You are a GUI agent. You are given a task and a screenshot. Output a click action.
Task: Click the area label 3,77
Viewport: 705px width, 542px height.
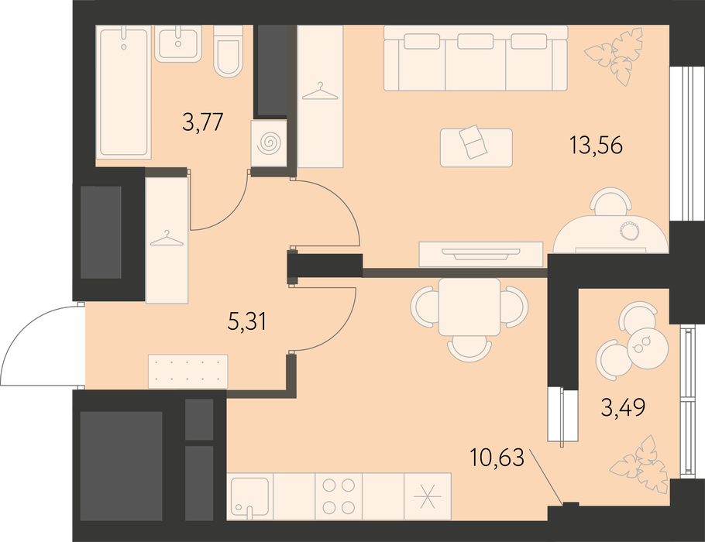point(203,122)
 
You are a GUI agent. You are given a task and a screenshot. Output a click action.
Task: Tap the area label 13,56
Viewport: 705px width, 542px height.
point(596,145)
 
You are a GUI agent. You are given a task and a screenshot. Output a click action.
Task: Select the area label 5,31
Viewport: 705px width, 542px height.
point(247,322)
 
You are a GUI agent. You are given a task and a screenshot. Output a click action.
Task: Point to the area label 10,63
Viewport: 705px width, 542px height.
point(497,458)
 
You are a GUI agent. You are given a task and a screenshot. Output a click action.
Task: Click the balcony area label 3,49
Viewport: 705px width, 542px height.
point(623,407)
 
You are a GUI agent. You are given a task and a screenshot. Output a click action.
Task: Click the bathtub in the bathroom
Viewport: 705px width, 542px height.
point(124,93)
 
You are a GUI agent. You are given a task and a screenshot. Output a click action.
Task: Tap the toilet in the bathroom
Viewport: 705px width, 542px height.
point(228,51)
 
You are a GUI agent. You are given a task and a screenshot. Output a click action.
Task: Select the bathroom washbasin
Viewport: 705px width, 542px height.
point(178,43)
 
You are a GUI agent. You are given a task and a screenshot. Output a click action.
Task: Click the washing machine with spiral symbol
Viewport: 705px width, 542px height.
point(269,143)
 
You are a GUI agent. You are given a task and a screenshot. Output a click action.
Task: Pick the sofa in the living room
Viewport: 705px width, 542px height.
point(476,58)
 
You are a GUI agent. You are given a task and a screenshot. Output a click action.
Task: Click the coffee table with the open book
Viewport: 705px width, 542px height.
point(476,147)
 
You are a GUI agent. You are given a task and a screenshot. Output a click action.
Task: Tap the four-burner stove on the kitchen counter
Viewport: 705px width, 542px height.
point(339,496)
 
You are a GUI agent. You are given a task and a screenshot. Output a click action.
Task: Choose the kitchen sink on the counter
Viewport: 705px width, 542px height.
point(250,496)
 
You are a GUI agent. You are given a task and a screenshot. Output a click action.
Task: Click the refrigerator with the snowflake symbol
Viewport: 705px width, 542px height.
point(428,496)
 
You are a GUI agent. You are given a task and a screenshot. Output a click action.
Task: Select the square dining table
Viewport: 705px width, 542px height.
point(469,307)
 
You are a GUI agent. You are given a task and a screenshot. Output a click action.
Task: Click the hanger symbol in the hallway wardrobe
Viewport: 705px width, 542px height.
point(167,238)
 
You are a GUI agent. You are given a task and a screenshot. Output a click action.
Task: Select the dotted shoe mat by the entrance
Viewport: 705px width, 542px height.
point(188,371)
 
